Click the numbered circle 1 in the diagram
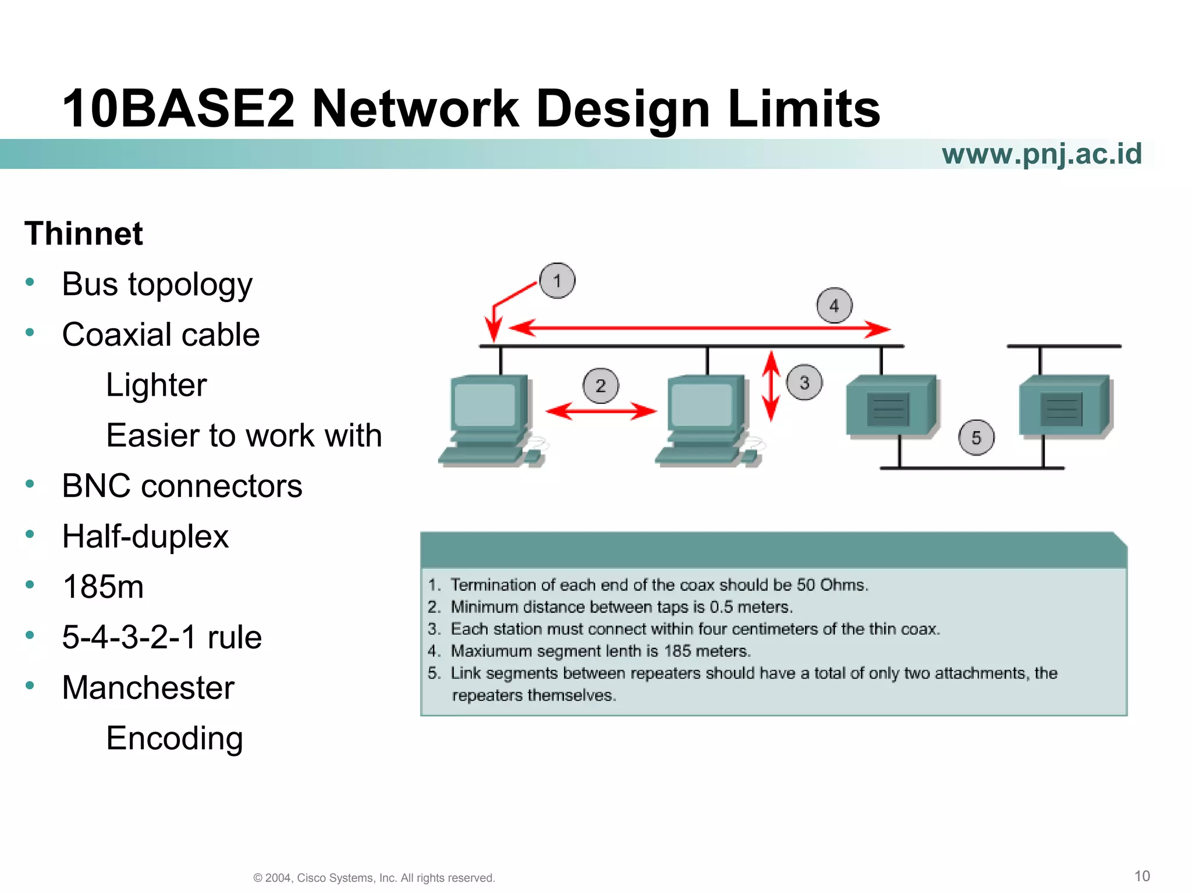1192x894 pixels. [557, 281]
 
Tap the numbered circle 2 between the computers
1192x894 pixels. [601, 386]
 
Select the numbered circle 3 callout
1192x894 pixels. [804, 382]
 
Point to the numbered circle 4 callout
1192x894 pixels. [834, 306]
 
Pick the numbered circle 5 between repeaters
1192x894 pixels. [976, 438]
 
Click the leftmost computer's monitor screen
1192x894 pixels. [485, 405]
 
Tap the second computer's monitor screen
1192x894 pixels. [701, 405]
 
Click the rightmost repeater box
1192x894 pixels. [1063, 406]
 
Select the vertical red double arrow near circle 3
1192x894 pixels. [771, 386]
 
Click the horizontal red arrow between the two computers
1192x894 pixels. [601, 411]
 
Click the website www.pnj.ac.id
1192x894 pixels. [1041, 154]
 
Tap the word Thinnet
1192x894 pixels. [84, 234]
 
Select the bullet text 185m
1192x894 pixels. [103, 587]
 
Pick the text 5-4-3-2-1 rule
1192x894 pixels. [162, 637]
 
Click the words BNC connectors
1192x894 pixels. [182, 486]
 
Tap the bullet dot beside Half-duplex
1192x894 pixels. [30, 534]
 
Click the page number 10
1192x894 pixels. [1142, 876]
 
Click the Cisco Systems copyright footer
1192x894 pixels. [374, 878]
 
